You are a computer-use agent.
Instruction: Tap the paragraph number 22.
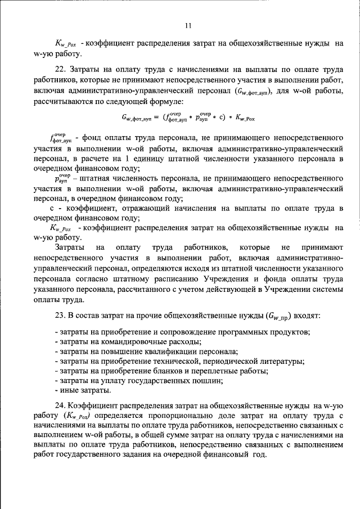[61, 69]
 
